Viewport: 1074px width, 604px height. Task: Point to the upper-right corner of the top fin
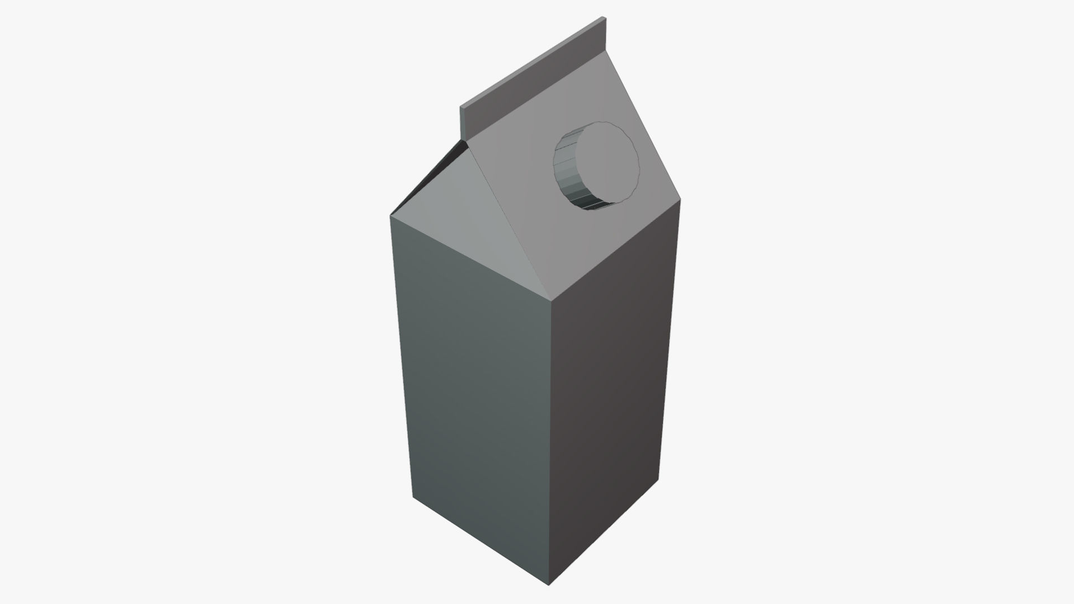(x=604, y=18)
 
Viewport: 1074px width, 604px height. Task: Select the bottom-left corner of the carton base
(x=413, y=497)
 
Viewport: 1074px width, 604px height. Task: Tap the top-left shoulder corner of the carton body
(x=390, y=214)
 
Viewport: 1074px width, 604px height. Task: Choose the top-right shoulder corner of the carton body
(x=680, y=200)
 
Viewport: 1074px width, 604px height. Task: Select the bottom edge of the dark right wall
(x=604, y=532)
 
